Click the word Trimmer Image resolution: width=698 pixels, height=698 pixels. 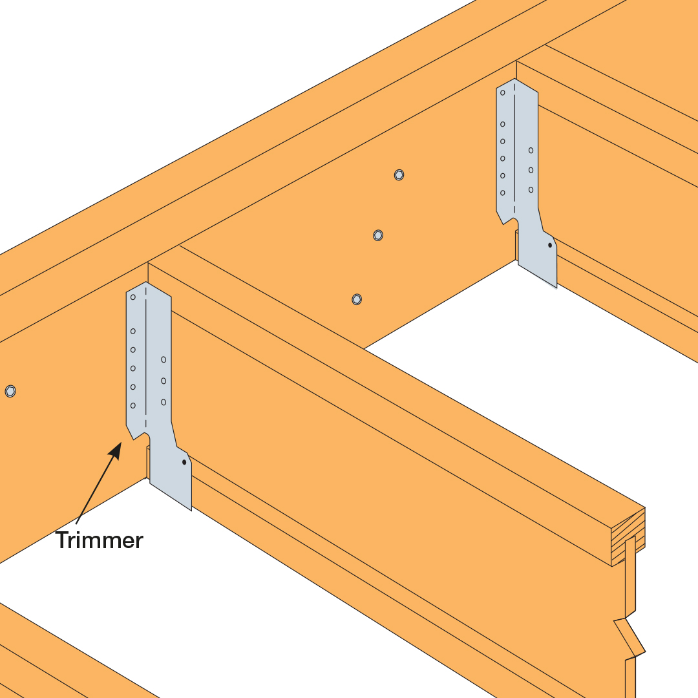(100, 540)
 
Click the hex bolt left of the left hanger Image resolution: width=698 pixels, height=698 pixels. (10, 391)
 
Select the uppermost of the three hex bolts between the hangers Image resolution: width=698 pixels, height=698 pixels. (399, 175)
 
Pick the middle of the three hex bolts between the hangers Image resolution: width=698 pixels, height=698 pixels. (378, 235)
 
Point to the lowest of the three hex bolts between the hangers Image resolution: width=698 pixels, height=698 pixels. (357, 299)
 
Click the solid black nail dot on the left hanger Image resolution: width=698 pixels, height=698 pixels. (184, 462)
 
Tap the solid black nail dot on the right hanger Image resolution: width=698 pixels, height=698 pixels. (550, 246)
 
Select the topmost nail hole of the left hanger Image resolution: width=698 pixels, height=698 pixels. (132, 297)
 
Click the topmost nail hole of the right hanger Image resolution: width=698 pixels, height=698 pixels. (503, 92)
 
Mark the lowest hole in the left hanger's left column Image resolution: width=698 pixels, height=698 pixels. (132, 405)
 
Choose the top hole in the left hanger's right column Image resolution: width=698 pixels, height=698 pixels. (164, 359)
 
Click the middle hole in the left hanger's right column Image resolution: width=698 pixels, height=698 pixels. (164, 381)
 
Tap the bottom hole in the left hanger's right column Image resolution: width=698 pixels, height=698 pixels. (164, 402)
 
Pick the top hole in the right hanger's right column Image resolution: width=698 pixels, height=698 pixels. (531, 151)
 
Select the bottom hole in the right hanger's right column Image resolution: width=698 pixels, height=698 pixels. (531, 189)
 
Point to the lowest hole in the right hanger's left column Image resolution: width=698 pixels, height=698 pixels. (503, 193)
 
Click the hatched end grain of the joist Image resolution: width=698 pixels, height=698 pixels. (628, 537)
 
